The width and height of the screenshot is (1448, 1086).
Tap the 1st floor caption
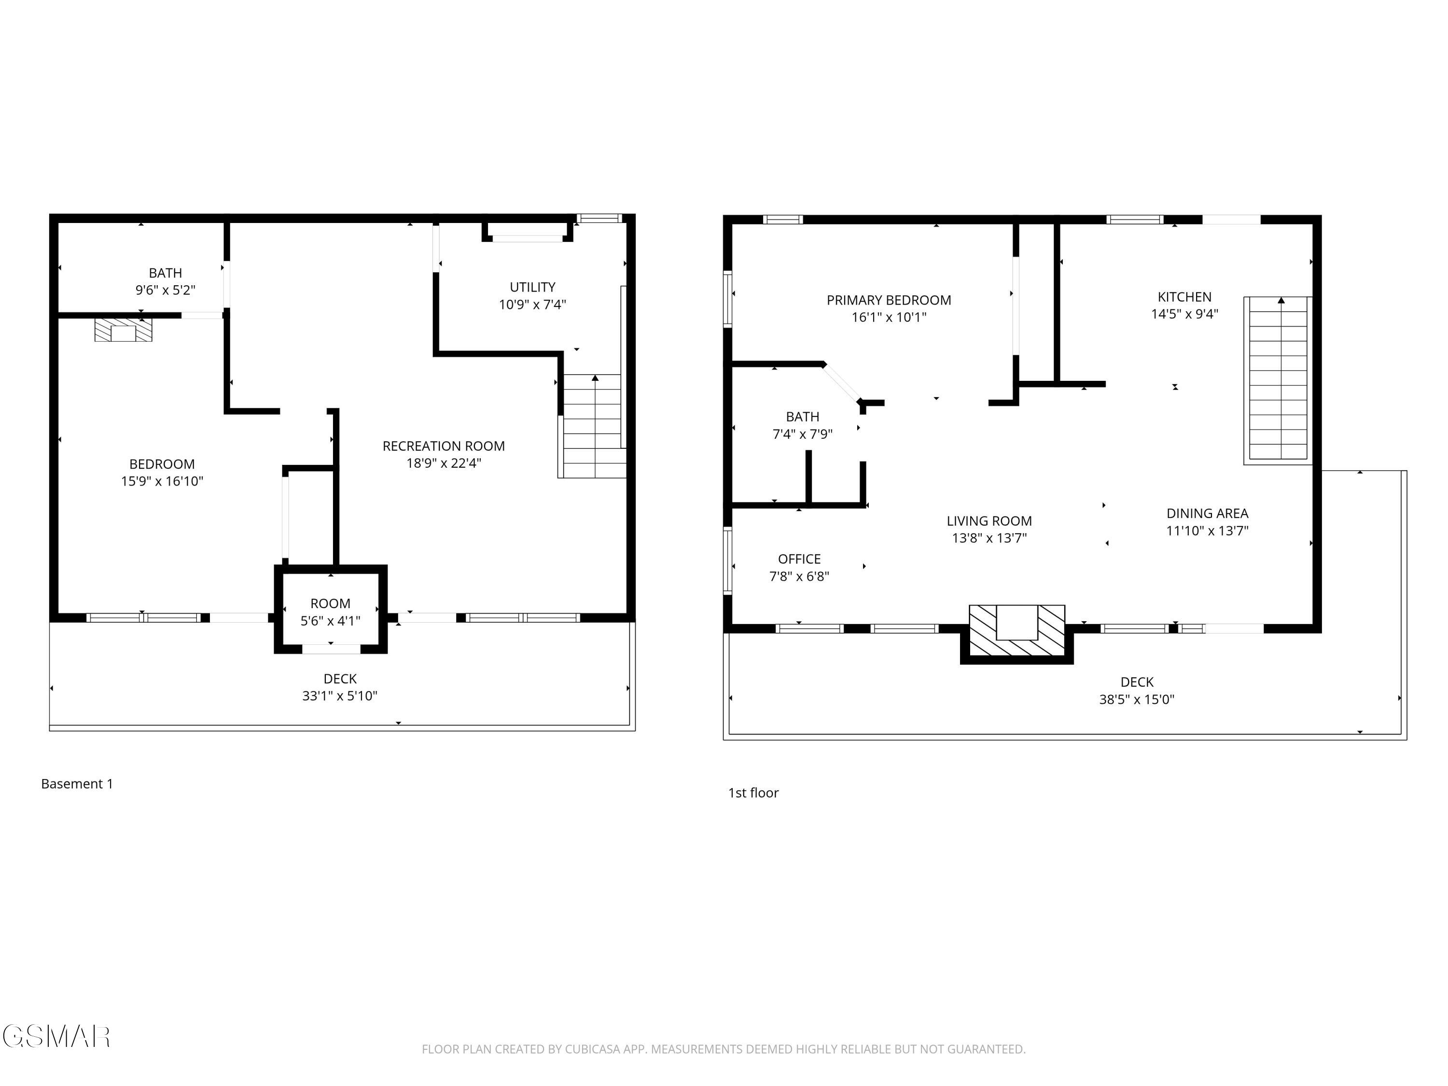(753, 793)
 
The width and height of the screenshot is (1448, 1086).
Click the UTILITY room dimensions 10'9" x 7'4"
(532, 305)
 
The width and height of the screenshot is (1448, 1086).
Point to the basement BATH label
(165, 273)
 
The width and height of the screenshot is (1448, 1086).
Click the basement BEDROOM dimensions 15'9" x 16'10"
(162, 481)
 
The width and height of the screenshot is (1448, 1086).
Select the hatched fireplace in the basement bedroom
(123, 330)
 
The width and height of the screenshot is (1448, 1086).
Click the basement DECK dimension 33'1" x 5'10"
(340, 696)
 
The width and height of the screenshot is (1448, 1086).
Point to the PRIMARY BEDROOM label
(888, 300)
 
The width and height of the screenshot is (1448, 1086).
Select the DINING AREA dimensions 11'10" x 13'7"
(1207, 531)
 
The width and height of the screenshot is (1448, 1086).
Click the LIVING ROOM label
(989, 521)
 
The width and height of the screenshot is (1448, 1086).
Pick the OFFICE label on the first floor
(799, 559)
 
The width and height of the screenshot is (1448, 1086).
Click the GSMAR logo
(56, 1036)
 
